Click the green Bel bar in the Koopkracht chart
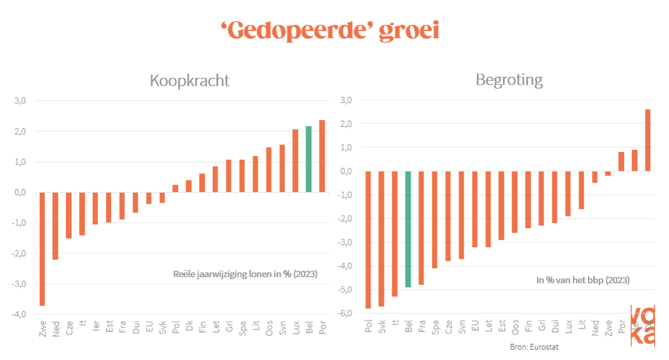coord(309,159)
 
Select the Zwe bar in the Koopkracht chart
coord(43,249)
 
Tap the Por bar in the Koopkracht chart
coord(322,156)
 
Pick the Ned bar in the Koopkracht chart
coord(56,225)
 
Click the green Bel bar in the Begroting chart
coord(409,229)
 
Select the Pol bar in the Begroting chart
coord(368,239)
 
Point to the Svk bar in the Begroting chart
coord(382,238)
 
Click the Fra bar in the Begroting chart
coord(421,228)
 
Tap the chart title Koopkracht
coord(189,80)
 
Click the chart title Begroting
coord(509,80)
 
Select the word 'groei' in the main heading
coord(409,31)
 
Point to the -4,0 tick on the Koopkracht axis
coord(20,315)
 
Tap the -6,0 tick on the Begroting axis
coord(346,313)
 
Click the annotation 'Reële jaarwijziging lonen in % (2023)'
coord(245,274)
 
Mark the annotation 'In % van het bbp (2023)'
coord(583,280)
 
